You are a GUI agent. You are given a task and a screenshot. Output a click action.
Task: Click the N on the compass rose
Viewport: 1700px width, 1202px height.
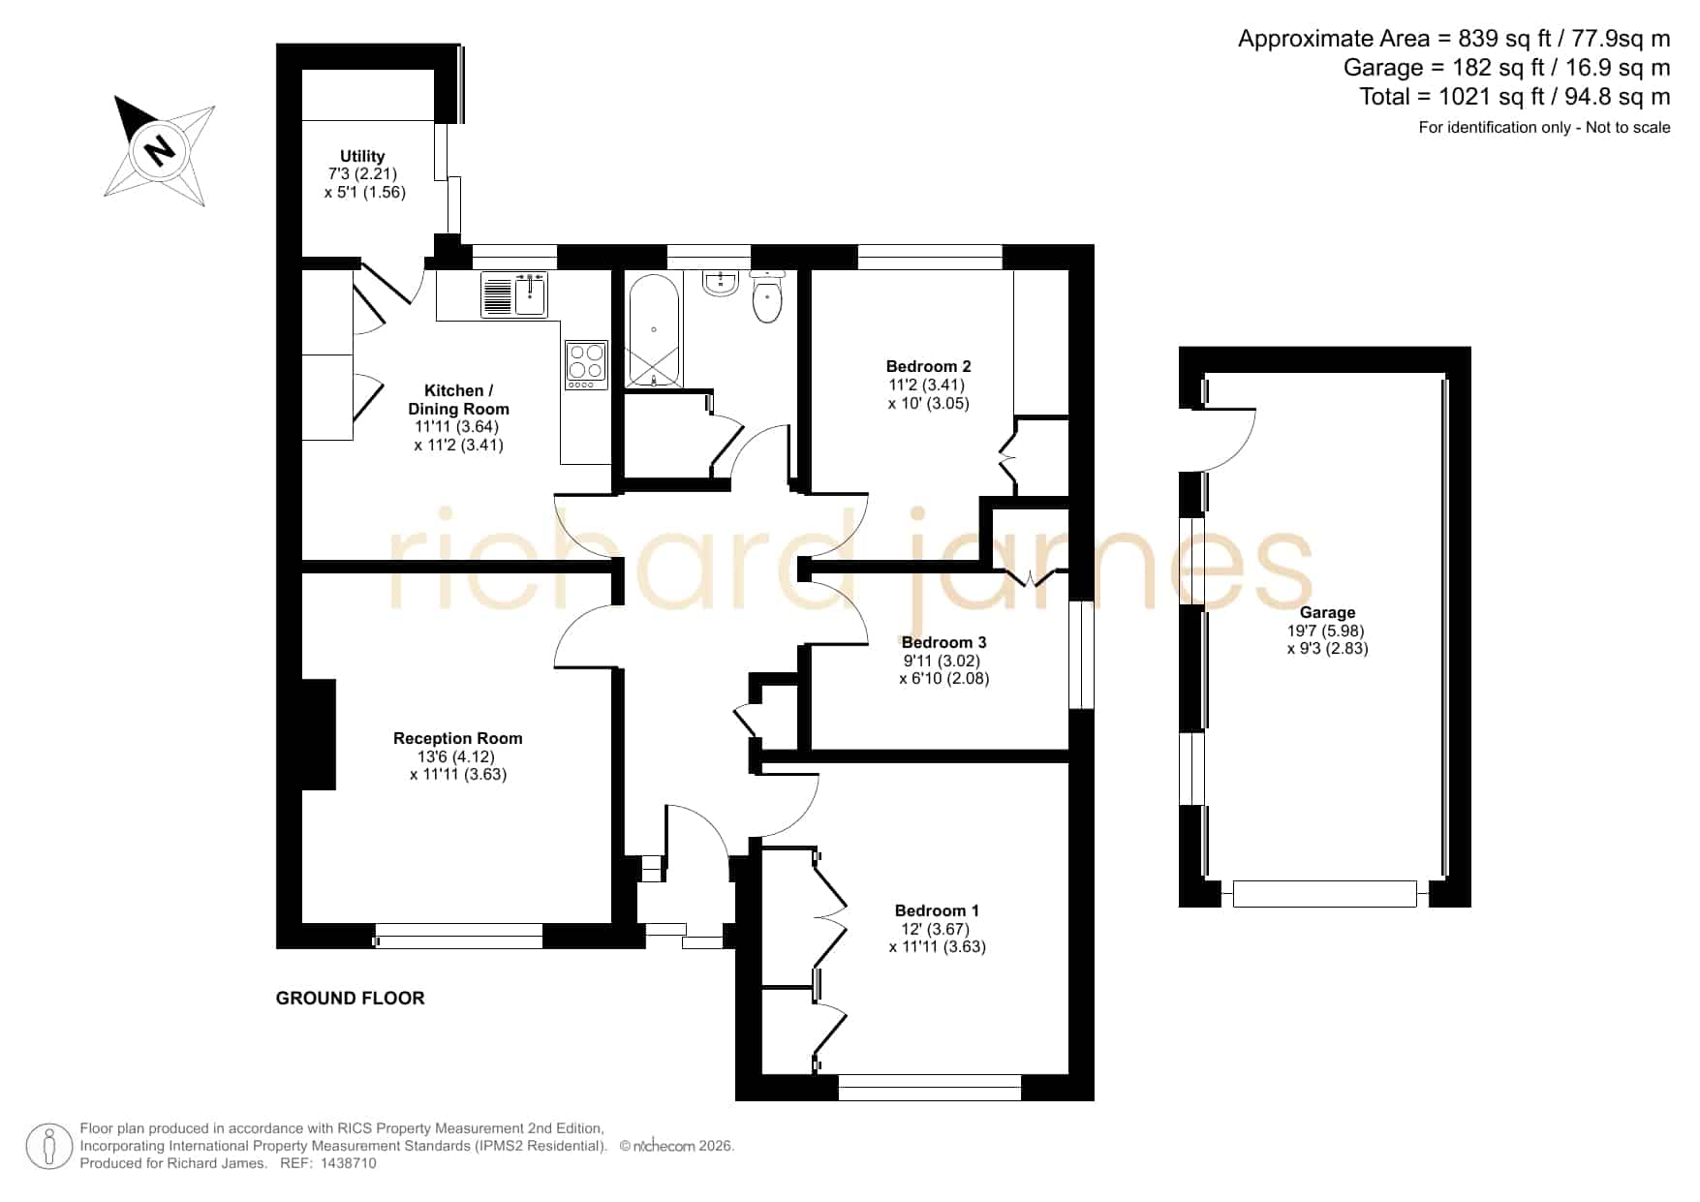pos(159,150)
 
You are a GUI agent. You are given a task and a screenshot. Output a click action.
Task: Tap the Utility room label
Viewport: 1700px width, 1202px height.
pos(362,156)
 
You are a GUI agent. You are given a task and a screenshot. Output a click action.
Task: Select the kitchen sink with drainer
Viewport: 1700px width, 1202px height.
pos(514,294)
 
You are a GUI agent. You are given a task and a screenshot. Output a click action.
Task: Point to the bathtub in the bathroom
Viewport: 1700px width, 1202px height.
pos(654,330)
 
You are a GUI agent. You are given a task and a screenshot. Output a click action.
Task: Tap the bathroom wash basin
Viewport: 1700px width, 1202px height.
pos(722,283)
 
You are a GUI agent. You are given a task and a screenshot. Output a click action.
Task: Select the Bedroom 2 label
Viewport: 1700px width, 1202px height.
pos(928,366)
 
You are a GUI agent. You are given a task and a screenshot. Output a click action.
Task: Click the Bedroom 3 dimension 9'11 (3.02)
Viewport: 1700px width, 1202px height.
pos(942,661)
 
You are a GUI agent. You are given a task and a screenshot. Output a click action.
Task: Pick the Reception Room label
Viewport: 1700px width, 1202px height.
pos(457,738)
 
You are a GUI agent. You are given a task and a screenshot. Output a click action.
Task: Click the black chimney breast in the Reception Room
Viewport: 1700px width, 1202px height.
pos(319,734)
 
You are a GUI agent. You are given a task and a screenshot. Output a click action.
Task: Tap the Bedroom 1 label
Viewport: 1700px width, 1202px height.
pos(937,910)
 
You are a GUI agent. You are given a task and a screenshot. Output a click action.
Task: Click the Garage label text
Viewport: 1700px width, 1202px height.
pos(1327,612)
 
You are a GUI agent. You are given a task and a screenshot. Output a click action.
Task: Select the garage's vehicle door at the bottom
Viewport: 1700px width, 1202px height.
pos(1325,893)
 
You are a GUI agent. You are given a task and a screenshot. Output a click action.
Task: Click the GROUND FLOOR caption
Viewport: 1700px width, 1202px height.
pos(351,998)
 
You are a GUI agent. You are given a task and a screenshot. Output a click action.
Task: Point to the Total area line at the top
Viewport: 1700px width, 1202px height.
pos(1515,97)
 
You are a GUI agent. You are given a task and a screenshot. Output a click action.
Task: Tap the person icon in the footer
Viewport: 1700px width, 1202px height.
pos(48,1146)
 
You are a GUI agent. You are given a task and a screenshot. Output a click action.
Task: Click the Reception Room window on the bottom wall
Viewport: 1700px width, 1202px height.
pos(459,936)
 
